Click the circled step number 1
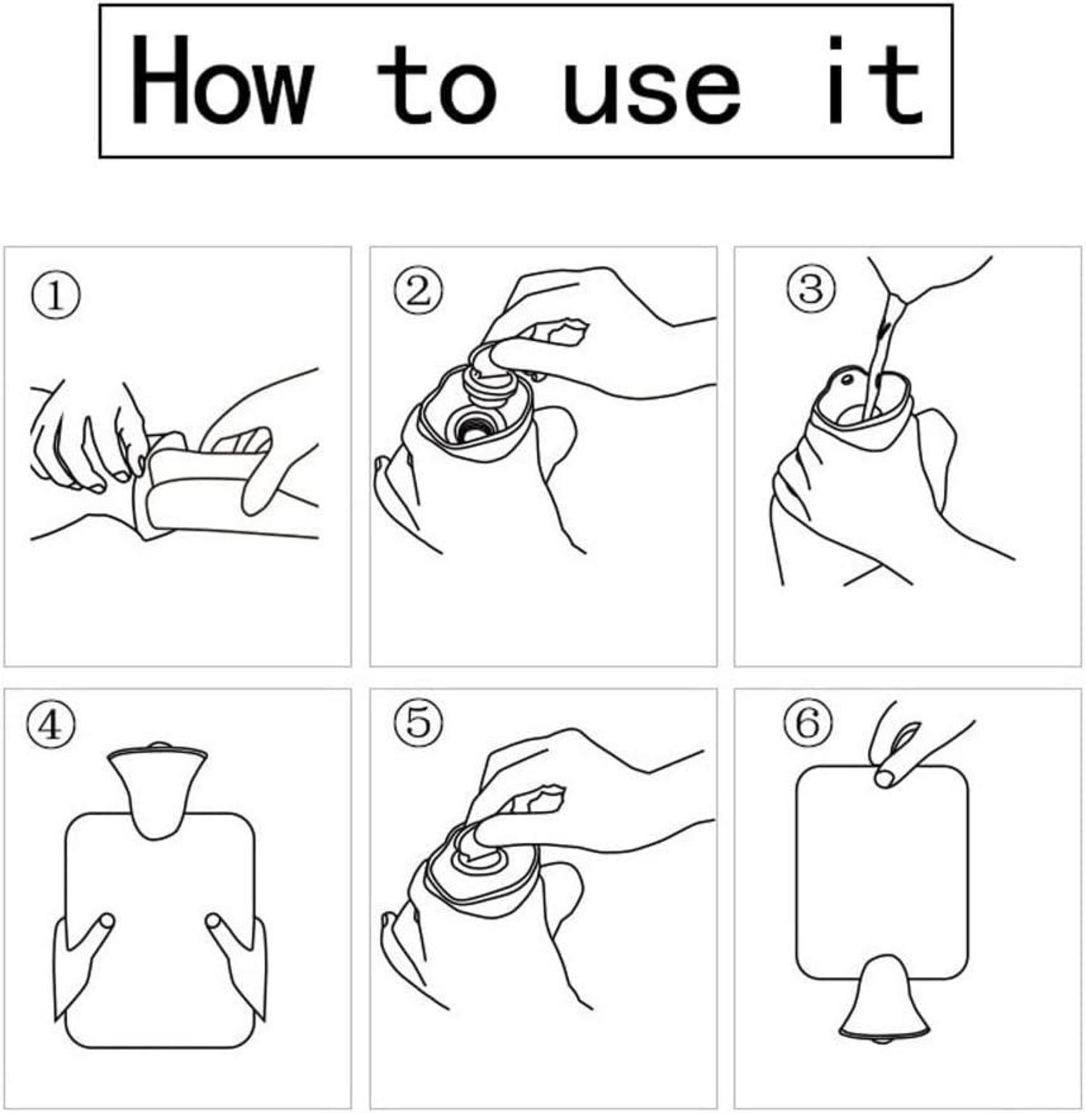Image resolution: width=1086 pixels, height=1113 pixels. [x=55, y=297]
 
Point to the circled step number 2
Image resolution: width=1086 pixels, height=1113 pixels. [x=418, y=292]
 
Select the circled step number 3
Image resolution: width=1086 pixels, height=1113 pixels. [x=811, y=288]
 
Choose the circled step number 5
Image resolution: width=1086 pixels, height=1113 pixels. [x=418, y=722]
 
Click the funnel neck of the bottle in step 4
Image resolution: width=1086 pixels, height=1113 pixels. [x=156, y=789]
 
